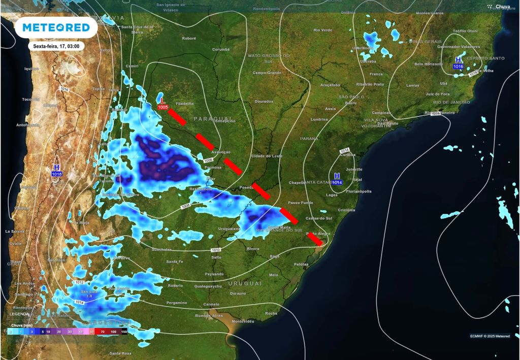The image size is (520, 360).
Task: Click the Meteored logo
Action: tap(56, 27)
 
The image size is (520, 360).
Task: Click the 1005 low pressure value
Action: tap(163, 107)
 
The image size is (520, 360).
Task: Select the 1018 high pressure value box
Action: tap(56, 174)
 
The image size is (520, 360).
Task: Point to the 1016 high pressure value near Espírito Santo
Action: tap(458, 67)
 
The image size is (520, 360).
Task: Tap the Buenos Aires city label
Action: tap(209, 315)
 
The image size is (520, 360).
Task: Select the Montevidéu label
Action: tap(242, 321)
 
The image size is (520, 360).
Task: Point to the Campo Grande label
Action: tap(267, 73)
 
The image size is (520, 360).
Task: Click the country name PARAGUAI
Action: tap(209, 118)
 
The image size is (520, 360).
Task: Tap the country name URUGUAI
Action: tap(245, 283)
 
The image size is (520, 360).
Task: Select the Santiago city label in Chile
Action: tap(24, 294)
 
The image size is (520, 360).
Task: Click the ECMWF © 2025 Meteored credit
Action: tap(490, 336)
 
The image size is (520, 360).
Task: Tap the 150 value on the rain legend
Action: tap(123, 331)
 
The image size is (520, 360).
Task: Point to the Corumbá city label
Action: tap(221, 49)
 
